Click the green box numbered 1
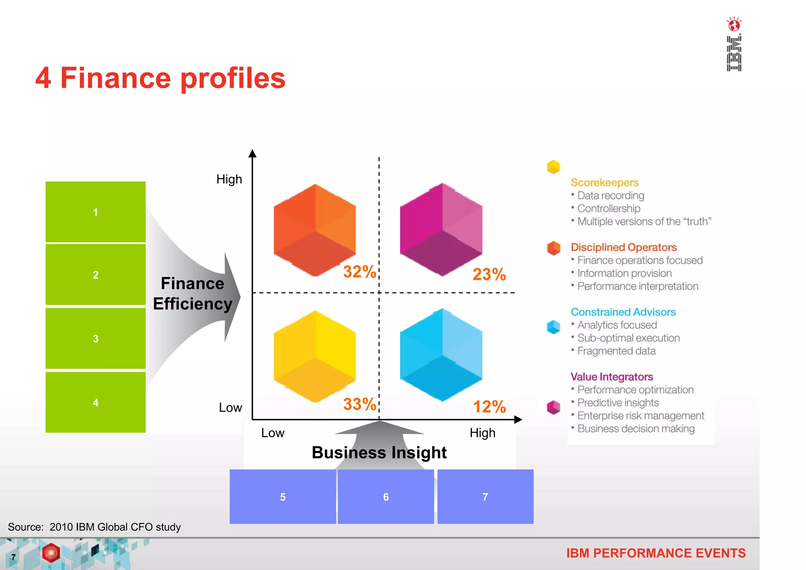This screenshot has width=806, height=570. pos(95,212)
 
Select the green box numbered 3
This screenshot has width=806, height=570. pos(95,338)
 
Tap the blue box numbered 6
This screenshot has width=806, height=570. pos(386,497)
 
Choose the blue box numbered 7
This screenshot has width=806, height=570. pos(485,497)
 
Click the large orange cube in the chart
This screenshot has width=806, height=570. pos(315,230)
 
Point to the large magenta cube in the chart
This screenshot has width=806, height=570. pos(441,229)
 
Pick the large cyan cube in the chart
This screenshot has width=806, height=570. pos(441,355)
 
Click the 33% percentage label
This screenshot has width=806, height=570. pos(359,404)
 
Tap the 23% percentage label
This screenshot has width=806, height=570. pos(489,274)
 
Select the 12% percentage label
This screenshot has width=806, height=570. pos(489,407)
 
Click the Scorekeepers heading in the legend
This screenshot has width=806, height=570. pos(604,182)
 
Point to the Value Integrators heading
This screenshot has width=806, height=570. pos(612,377)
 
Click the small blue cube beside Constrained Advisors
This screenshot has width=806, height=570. pos(553,327)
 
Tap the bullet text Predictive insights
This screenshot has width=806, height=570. pos(618,403)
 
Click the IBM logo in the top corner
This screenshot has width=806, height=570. pos(734,44)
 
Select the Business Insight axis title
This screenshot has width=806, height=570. pos(379,452)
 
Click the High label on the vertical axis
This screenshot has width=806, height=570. pos(229,179)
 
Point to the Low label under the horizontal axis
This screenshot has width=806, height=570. pos(272,433)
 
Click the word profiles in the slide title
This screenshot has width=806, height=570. pos(233,78)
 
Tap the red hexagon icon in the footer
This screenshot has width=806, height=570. pos(51,553)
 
